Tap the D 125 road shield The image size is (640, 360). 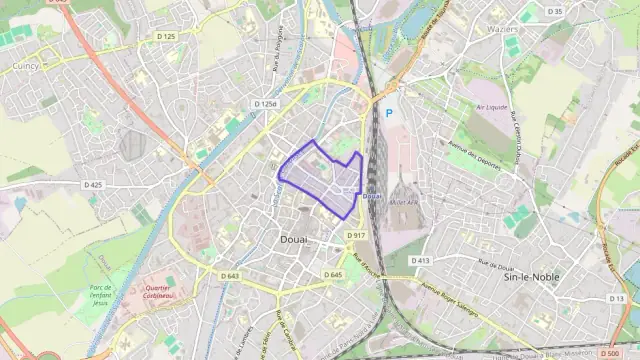pos(166,36)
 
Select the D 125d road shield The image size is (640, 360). pos(265,104)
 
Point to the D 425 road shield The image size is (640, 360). pos(92,185)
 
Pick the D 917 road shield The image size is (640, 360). pos(357,235)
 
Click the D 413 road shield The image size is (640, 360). pos(419,260)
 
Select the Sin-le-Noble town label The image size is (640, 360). pos(531,277)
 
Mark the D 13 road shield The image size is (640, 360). pos(616,298)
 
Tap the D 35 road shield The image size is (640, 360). pos(555,11)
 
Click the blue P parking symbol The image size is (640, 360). pos(389,114)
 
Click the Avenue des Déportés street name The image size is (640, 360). pos(472,156)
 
